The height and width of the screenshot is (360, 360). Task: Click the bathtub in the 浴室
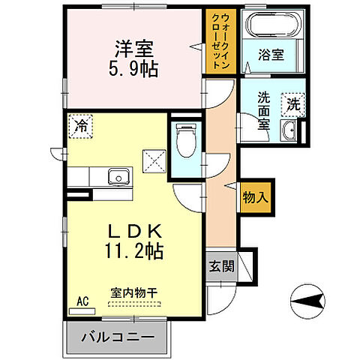pos(270,27)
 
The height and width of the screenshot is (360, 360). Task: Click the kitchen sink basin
pos(118,177)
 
